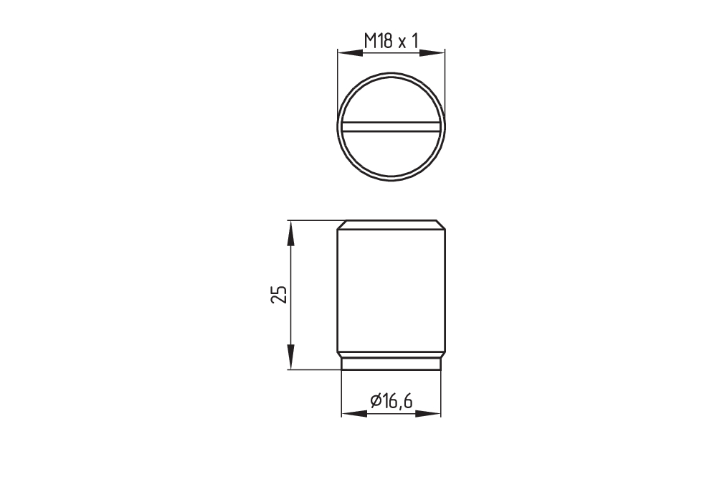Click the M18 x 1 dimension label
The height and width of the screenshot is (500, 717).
(x=391, y=41)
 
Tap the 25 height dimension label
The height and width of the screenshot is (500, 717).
(x=279, y=294)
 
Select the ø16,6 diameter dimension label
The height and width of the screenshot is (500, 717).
(x=391, y=401)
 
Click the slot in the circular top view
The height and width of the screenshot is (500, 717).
(x=391, y=127)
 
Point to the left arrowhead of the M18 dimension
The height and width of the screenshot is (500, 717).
(x=350, y=53)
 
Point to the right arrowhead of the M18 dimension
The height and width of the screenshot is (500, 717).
(x=432, y=53)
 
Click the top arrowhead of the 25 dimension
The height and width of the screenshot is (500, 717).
(x=290, y=233)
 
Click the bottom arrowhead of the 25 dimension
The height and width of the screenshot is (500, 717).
(x=290, y=357)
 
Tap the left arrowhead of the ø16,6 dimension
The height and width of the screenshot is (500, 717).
(x=354, y=413)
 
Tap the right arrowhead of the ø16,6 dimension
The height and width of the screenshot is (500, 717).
(x=429, y=413)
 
